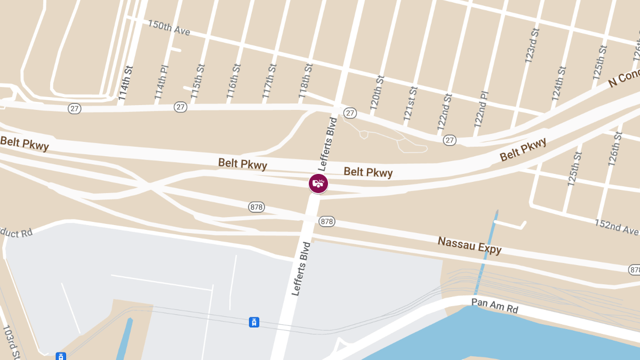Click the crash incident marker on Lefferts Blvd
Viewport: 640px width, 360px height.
pyautogui.click(x=318, y=183)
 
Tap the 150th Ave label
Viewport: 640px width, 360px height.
pyautogui.click(x=169, y=28)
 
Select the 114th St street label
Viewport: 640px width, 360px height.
pyautogui.click(x=124, y=83)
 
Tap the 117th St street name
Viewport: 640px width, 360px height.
pyautogui.click(x=269, y=81)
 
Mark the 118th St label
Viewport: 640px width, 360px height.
pyautogui.click(x=305, y=79)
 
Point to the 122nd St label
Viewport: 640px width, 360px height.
pyautogui.click(x=444, y=112)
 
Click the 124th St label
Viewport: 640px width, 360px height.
pyautogui.click(x=558, y=83)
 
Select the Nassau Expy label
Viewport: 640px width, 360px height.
pyautogui.click(x=470, y=245)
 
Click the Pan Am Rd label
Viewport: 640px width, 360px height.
pyautogui.click(x=494, y=306)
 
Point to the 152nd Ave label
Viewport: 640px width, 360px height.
pyautogui.click(x=617, y=226)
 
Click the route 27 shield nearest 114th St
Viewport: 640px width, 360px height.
pyautogui.click(x=75, y=108)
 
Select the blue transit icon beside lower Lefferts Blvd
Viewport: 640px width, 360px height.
pyautogui.click(x=254, y=322)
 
